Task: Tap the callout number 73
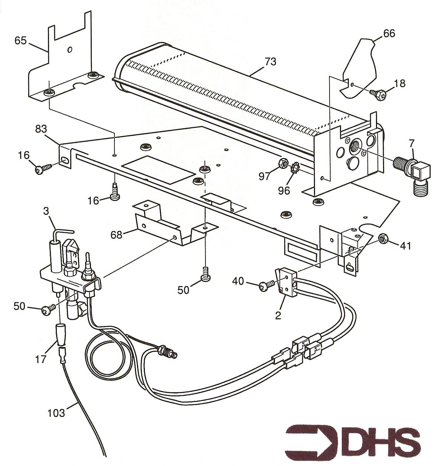pos(270,62)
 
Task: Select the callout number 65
pos(20,41)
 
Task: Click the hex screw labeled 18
pos(377,95)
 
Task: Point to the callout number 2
pos(278,316)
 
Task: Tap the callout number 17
pos(41,359)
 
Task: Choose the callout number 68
pos(117,235)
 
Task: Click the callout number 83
pos(41,129)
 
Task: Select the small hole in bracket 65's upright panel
pos(69,50)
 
